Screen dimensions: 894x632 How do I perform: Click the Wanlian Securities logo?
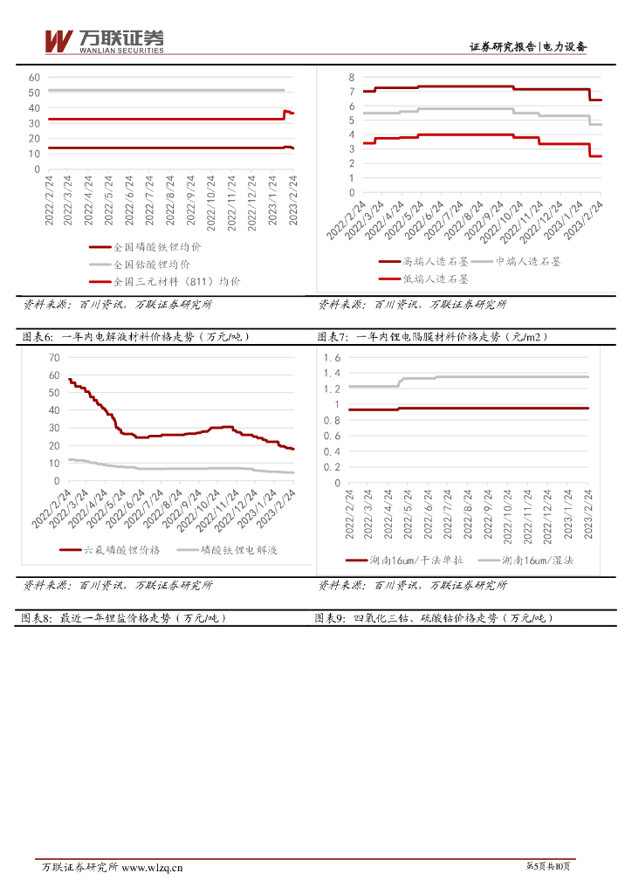[104, 41]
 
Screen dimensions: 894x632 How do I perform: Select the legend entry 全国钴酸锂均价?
[151, 264]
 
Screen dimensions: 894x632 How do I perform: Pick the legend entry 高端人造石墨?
[435, 261]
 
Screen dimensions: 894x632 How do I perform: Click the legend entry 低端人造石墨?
[435, 279]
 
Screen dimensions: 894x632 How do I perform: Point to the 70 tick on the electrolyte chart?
[54, 357]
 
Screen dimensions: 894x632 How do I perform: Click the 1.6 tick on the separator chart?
[332, 357]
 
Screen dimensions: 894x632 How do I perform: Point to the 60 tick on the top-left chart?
[35, 77]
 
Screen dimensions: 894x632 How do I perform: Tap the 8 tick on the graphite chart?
[351, 77]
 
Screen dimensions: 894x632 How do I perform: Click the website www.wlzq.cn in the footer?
[152, 867]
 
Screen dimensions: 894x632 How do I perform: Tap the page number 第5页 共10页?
[549, 866]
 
